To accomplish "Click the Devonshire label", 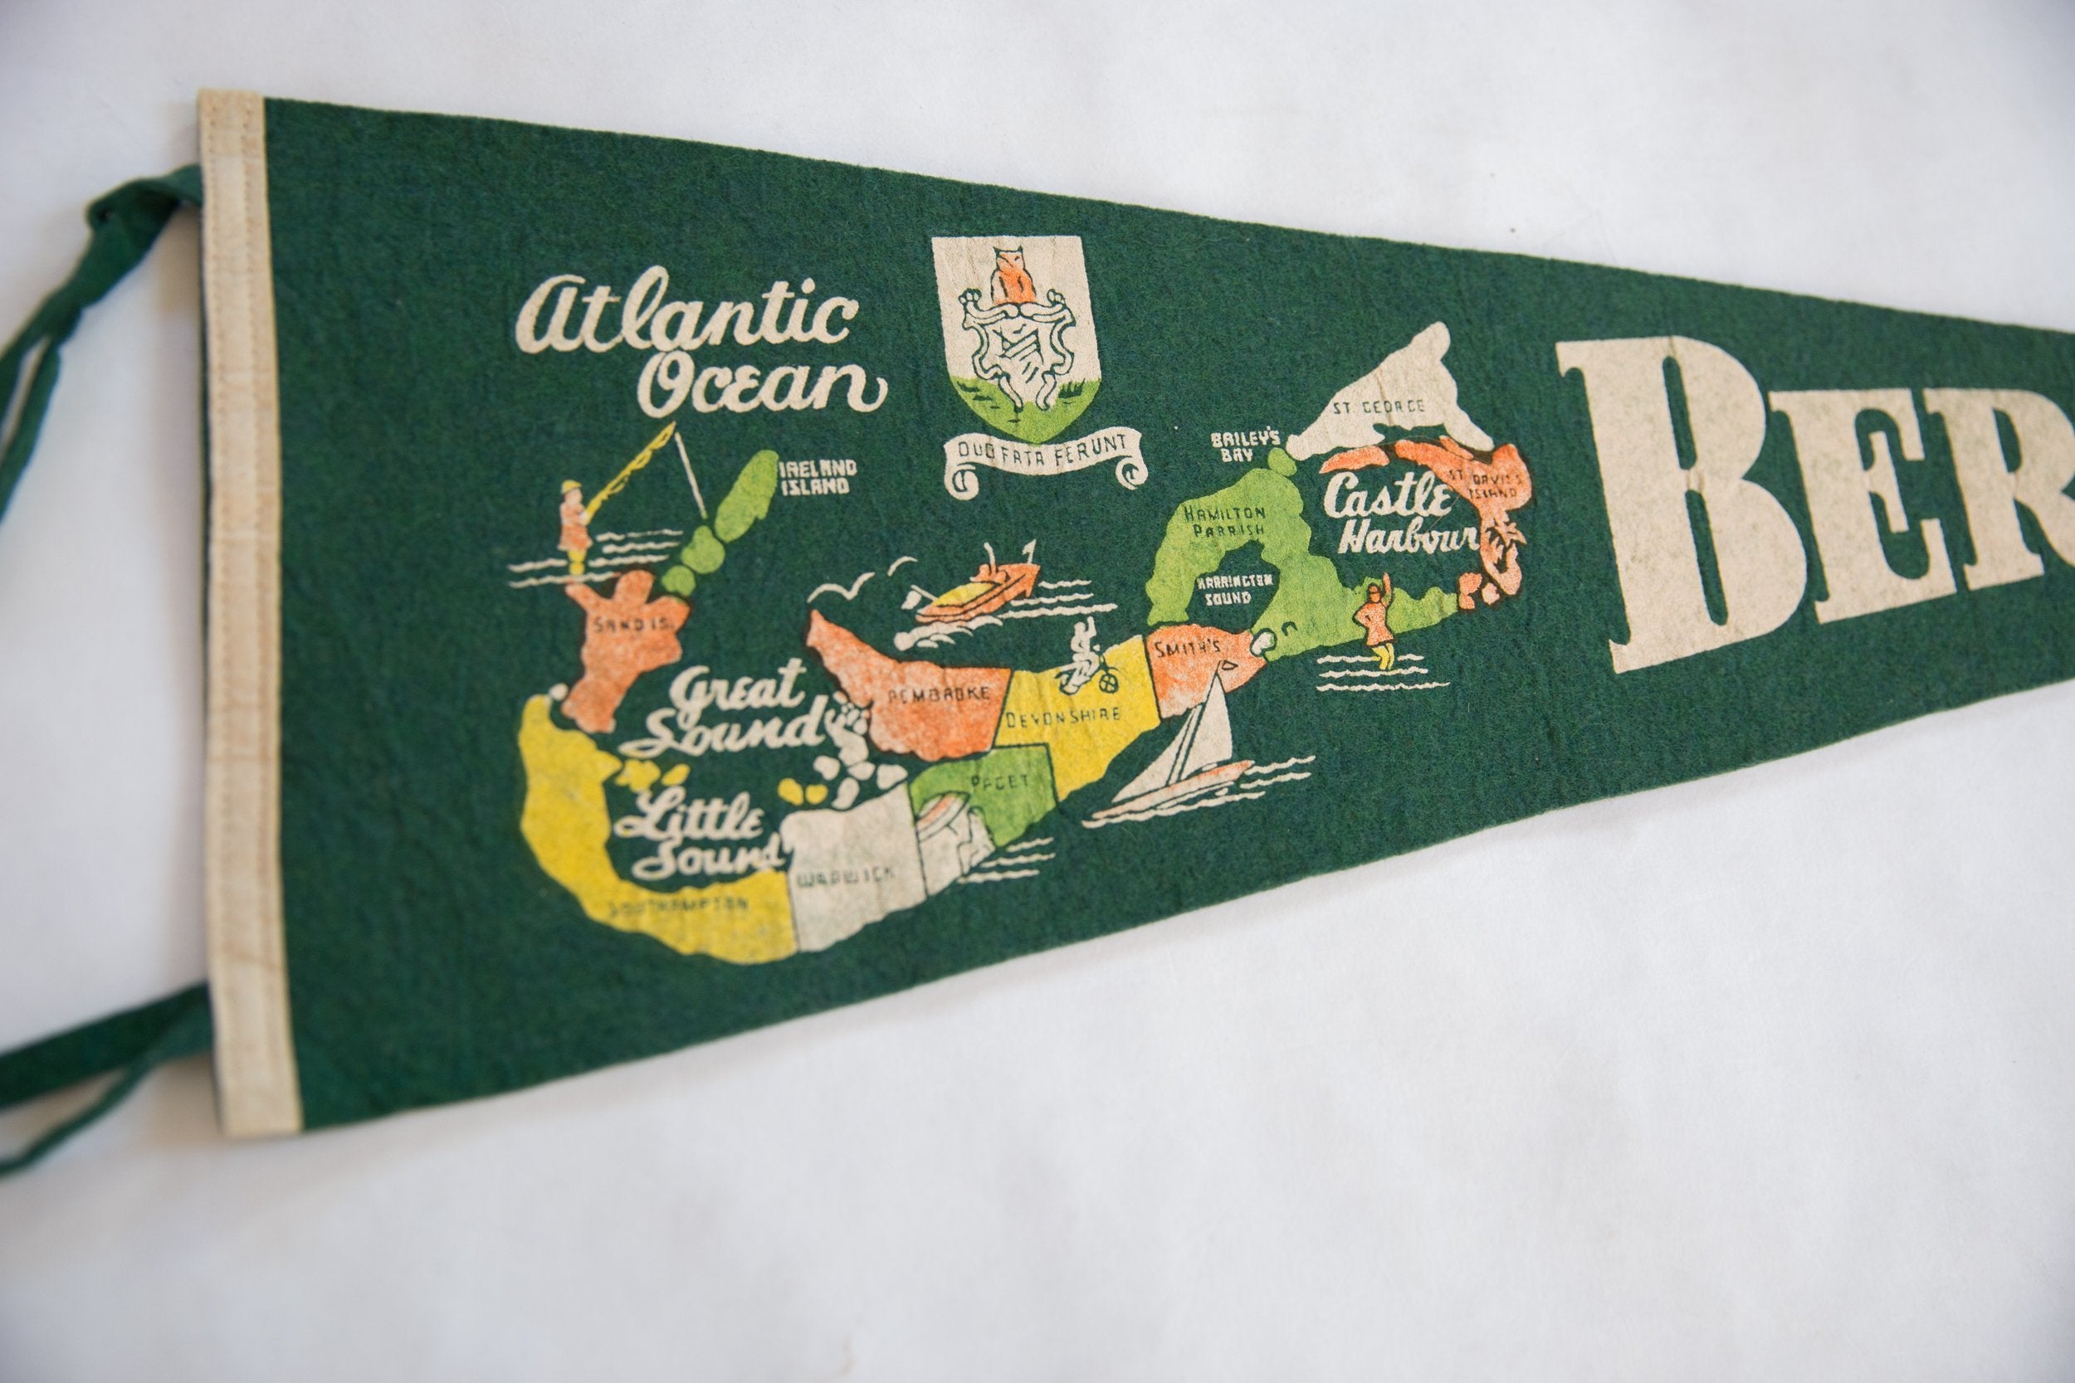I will click(x=1062, y=715).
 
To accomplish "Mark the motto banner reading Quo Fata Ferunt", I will click(x=1043, y=458).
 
